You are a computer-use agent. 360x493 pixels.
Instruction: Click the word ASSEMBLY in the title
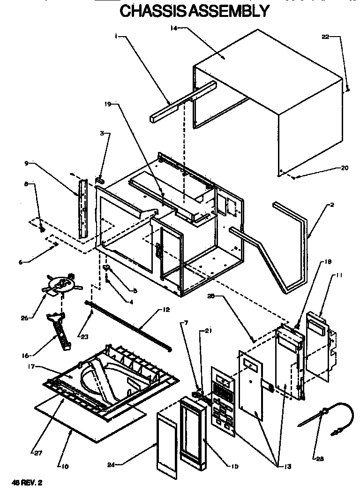[231, 10]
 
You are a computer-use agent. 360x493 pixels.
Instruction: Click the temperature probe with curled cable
[328, 415]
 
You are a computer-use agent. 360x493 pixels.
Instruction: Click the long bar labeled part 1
[183, 101]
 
